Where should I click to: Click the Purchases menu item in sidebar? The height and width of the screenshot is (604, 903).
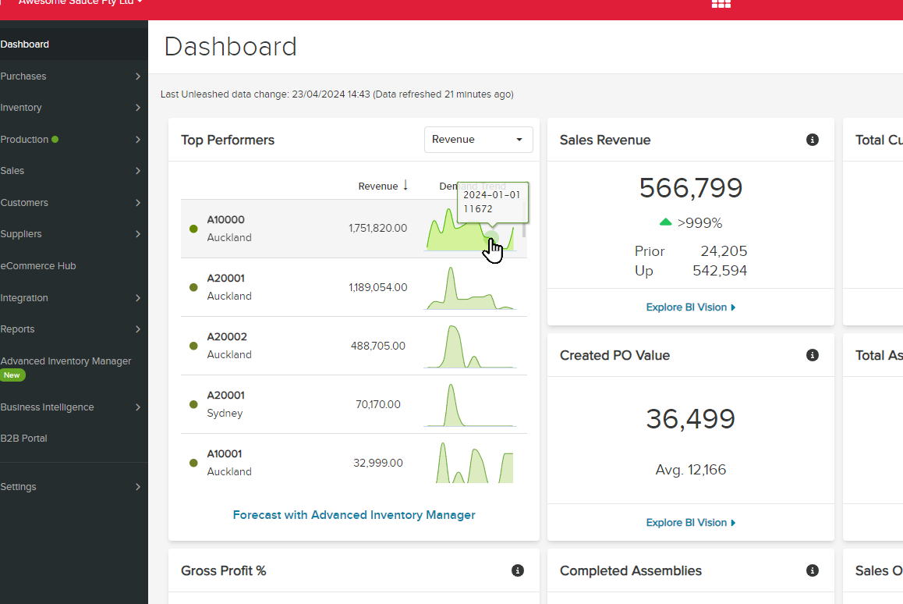pos(23,76)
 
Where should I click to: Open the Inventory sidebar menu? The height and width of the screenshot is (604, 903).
pos(21,108)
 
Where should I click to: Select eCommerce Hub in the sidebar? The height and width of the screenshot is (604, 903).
pos(38,266)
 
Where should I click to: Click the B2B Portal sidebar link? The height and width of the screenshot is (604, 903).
pos(24,439)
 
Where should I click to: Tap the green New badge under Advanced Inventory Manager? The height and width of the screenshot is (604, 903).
pos(12,375)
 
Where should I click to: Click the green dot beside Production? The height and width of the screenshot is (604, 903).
pos(55,140)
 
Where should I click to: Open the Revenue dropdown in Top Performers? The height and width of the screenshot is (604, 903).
pos(478,140)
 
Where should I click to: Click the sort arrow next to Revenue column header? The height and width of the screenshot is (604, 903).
pos(405,185)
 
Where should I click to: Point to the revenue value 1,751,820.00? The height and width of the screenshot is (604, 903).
pos(377,228)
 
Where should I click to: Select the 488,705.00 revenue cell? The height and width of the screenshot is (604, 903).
pos(377,346)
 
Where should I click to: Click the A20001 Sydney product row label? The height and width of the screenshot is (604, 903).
pos(225,404)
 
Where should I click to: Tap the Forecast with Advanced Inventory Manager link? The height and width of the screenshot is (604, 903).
pos(354,515)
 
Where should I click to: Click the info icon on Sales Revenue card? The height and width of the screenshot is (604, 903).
pos(813,140)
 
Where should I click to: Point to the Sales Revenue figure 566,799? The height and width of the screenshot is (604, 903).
pos(690,188)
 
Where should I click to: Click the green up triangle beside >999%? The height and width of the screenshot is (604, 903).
pos(665,222)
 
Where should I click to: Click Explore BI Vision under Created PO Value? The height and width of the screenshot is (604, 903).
pos(690,523)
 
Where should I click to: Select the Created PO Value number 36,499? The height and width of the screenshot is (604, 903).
pos(690,419)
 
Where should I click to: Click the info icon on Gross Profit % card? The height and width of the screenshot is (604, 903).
pos(518,570)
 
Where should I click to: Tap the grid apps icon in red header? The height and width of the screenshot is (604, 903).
pos(721,4)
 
